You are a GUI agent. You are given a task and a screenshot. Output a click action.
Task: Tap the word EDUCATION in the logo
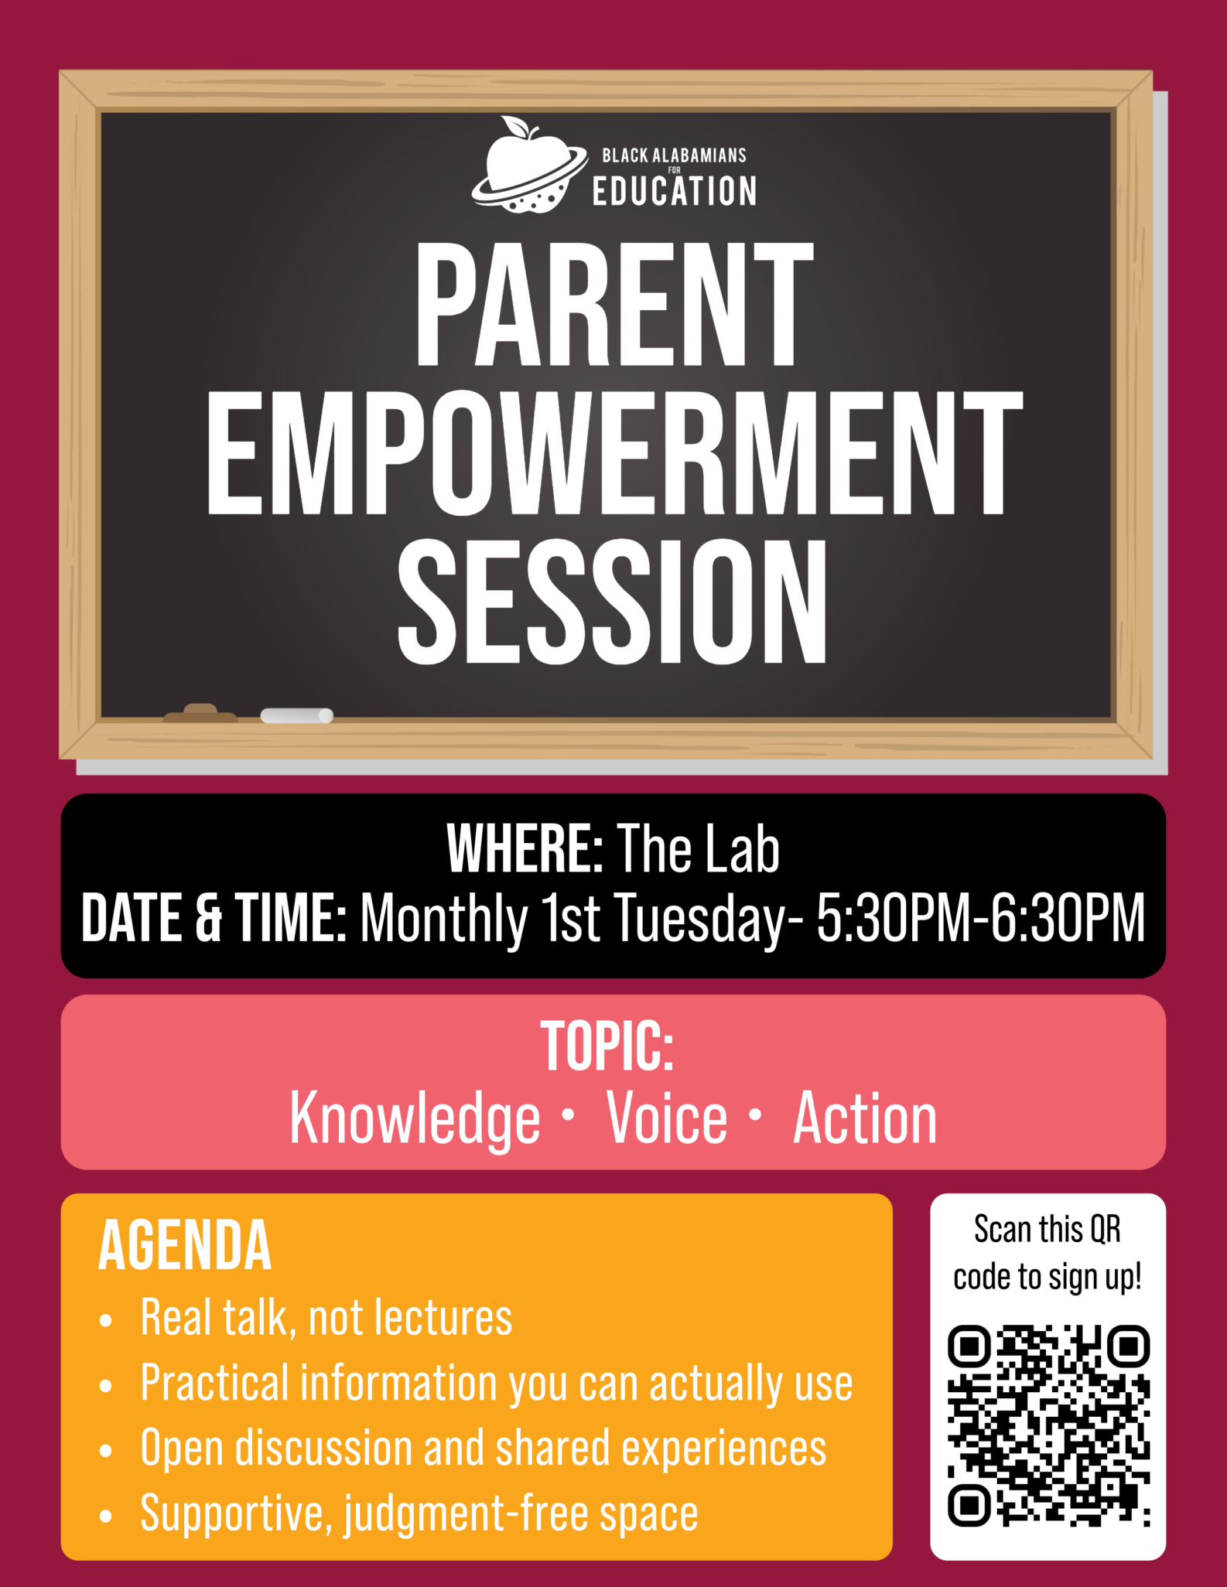click(x=675, y=191)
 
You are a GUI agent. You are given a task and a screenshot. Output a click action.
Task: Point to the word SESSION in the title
click(x=613, y=601)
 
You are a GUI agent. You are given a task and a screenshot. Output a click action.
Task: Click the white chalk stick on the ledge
click(x=297, y=715)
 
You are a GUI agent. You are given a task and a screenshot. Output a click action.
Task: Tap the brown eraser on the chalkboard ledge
click(x=200, y=712)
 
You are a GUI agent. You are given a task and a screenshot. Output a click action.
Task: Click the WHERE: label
click(x=525, y=848)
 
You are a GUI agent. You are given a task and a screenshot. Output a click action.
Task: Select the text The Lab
click(x=698, y=848)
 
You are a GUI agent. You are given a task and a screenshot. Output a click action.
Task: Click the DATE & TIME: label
click(x=214, y=918)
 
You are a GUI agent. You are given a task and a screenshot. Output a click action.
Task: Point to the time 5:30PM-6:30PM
click(x=981, y=918)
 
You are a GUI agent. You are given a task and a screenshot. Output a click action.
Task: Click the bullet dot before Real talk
click(x=106, y=1320)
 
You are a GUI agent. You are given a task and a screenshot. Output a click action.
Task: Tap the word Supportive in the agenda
click(x=231, y=1514)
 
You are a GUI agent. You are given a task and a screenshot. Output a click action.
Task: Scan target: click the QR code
click(x=1048, y=1425)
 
